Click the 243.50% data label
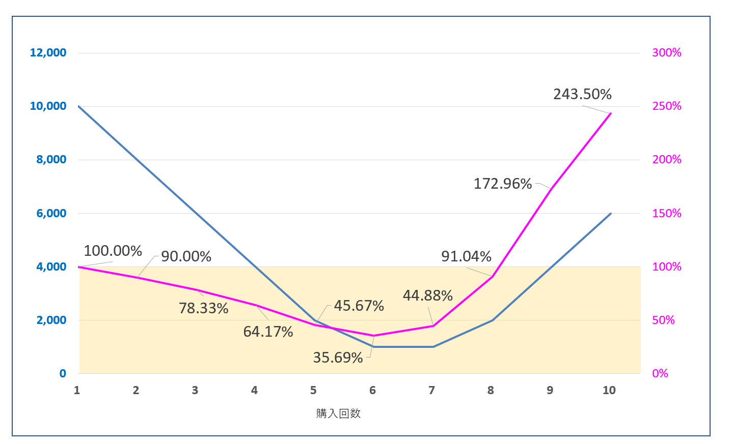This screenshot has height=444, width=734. pyautogui.click(x=582, y=94)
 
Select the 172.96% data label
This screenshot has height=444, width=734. pyautogui.click(x=503, y=184)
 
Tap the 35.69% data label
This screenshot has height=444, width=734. pyautogui.click(x=338, y=358)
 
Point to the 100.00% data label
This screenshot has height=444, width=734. pyautogui.click(x=113, y=251)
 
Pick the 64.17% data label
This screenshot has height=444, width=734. pyautogui.click(x=268, y=332)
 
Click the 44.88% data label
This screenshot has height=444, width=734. pyautogui.click(x=427, y=295)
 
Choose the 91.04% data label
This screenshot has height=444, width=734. pyautogui.click(x=466, y=256)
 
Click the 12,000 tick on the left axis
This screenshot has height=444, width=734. pyautogui.click(x=48, y=52)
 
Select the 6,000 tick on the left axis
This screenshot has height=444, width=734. pyautogui.click(x=51, y=213)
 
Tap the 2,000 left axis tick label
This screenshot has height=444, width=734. pyautogui.click(x=51, y=320)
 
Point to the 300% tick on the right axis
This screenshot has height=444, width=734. pyautogui.click(x=666, y=52)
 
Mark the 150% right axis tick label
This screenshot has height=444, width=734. pyautogui.click(x=666, y=213)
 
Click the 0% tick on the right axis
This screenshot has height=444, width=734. pyautogui.click(x=660, y=373)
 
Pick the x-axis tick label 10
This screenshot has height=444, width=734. pyautogui.click(x=609, y=390)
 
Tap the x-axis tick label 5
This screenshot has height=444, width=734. pyautogui.click(x=313, y=390)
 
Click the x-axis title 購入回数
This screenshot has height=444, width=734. pyautogui.click(x=338, y=413)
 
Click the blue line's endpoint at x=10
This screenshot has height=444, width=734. pyautogui.click(x=611, y=214)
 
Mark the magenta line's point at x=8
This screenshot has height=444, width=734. pyautogui.click(x=493, y=276)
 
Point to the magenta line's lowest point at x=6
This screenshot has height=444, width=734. pyautogui.click(x=374, y=336)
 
